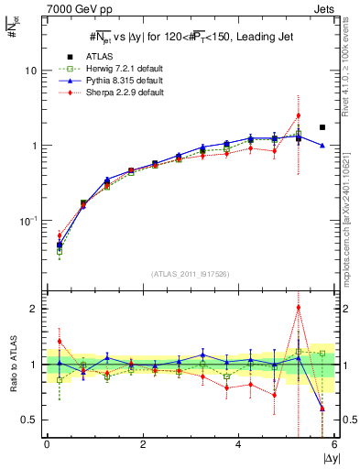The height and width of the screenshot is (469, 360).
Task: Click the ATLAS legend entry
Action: click(x=96, y=58)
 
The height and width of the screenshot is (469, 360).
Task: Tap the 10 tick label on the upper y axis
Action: click(x=31, y=71)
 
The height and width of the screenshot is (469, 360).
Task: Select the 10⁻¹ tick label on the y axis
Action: click(x=28, y=221)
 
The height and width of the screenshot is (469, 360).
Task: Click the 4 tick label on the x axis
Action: click(x=239, y=444)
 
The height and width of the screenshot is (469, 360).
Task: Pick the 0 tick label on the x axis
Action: click(x=47, y=444)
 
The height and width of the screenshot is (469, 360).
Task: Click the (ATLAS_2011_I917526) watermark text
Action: click(x=190, y=274)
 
